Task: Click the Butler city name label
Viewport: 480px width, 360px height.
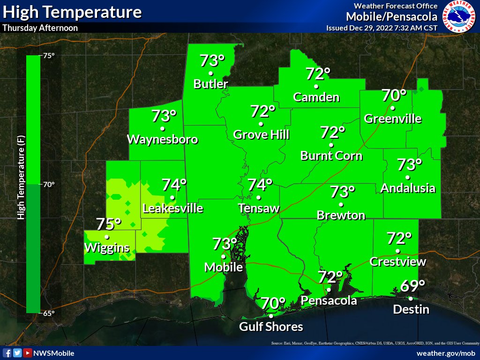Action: click(211, 84)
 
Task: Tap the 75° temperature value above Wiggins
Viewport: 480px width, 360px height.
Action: click(109, 224)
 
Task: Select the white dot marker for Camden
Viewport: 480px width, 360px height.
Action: click(316, 86)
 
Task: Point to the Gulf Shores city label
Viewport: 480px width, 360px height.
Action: click(271, 327)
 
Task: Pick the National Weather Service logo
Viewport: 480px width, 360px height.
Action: click(459, 17)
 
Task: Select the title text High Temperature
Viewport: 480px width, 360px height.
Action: click(72, 12)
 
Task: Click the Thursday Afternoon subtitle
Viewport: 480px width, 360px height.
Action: click(40, 28)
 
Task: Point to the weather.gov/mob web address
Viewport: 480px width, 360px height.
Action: click(446, 353)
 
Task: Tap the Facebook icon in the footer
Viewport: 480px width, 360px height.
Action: click(7, 353)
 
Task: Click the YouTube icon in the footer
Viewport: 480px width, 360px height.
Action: click(28, 353)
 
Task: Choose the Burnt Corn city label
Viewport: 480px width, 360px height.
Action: click(332, 156)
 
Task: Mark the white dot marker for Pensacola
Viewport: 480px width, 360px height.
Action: click(329, 290)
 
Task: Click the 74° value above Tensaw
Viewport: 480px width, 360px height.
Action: click(260, 185)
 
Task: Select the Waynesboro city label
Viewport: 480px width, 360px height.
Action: click(162, 140)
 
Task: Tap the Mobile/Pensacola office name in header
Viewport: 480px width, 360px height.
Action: click(392, 17)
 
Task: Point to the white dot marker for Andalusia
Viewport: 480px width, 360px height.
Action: click(408, 177)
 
